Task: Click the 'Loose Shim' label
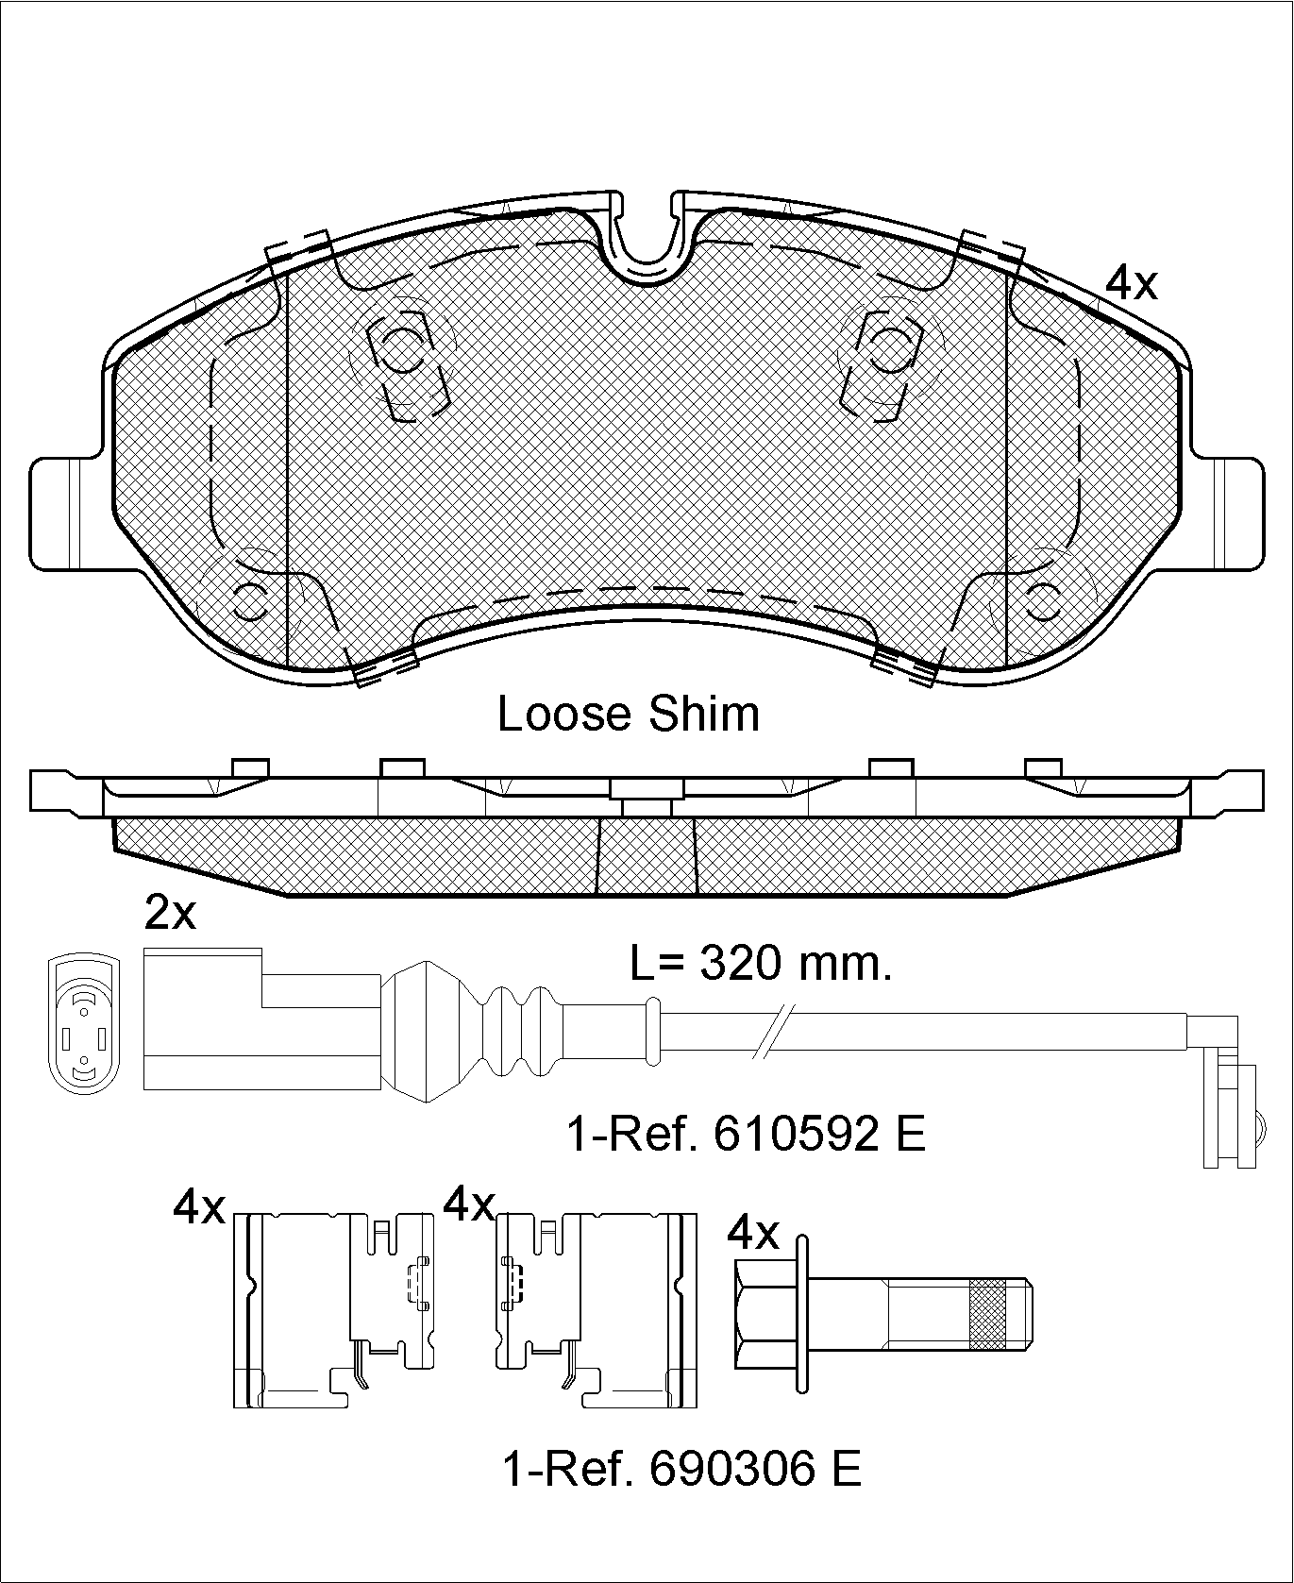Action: tap(628, 715)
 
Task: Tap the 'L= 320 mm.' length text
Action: tap(761, 964)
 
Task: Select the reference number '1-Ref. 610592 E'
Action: tap(746, 1134)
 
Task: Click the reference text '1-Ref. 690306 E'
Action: tap(681, 1469)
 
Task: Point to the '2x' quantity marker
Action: tap(170, 913)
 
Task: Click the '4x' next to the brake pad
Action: tap(1131, 282)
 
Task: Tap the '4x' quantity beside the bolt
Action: tap(753, 1231)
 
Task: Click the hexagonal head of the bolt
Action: tap(765, 1313)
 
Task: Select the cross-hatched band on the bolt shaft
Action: tap(987, 1313)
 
